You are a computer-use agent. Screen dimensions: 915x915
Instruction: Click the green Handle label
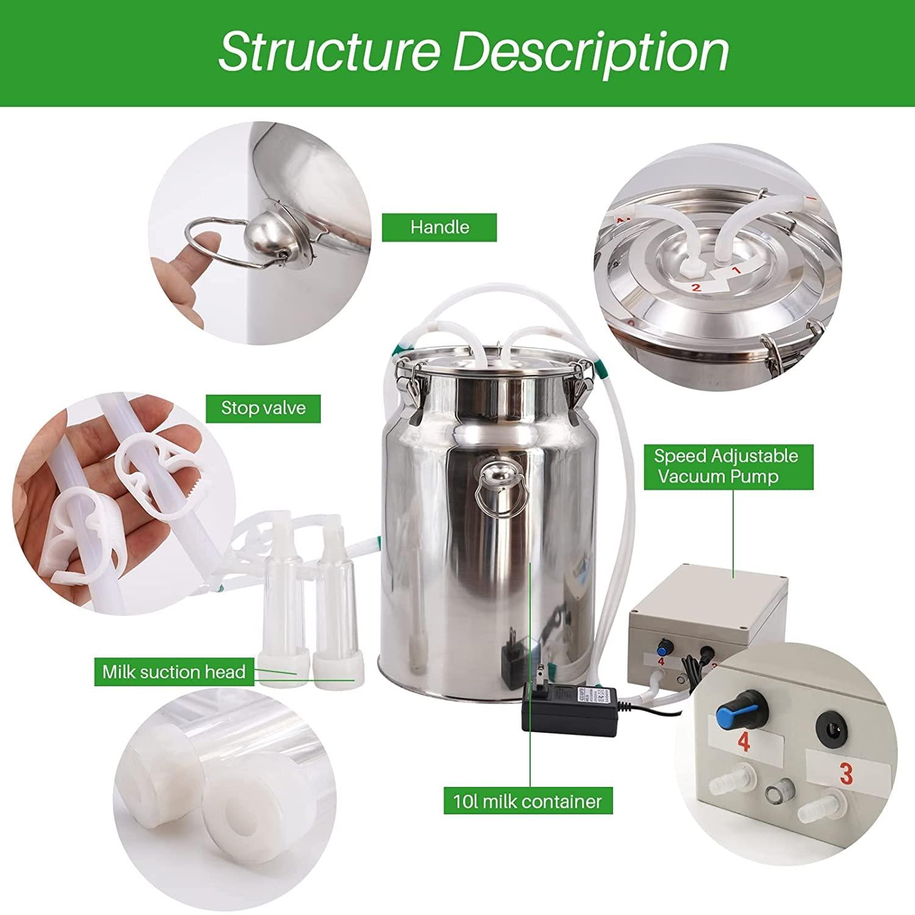click(439, 227)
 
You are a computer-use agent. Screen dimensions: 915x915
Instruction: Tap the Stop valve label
click(263, 407)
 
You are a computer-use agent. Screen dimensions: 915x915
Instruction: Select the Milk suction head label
click(174, 672)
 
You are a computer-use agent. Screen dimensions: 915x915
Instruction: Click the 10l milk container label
click(528, 801)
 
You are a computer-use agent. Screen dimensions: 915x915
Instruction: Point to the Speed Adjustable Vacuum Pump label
click(726, 466)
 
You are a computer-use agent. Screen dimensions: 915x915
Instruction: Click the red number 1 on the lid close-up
click(736, 269)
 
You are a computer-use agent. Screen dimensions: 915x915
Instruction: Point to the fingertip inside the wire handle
click(207, 235)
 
